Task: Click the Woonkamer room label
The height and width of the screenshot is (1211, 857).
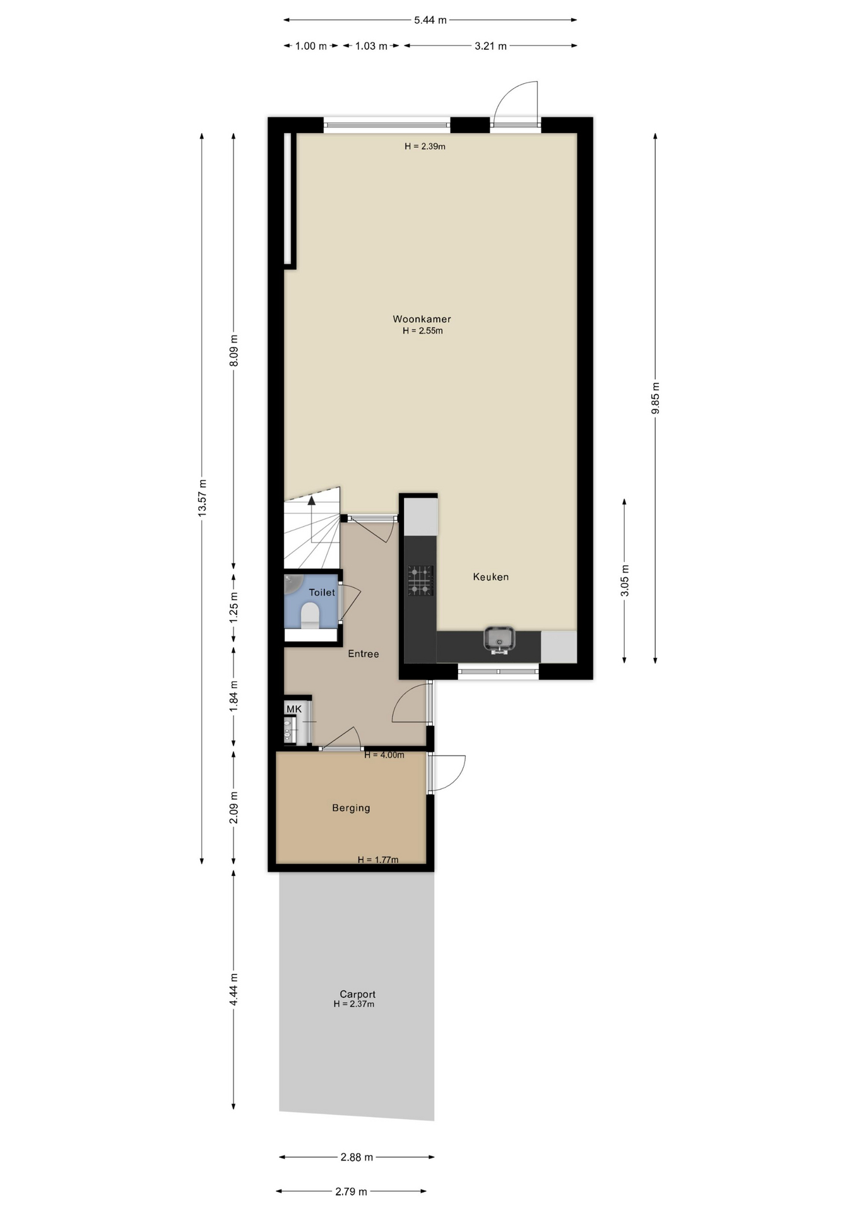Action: pos(422,319)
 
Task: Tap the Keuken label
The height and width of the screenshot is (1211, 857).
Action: pos(491,576)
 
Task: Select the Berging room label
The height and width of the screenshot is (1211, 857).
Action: pos(351,808)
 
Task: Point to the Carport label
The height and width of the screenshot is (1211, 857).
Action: pos(357,994)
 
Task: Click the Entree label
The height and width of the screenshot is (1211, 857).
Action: pos(363,654)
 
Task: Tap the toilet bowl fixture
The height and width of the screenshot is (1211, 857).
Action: pos(310,615)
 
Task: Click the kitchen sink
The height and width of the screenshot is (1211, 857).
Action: pos(499,639)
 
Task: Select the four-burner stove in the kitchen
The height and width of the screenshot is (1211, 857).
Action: pos(420,580)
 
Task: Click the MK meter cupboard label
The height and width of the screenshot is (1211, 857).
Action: pos(294,710)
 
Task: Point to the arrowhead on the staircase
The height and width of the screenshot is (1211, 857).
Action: pos(311,501)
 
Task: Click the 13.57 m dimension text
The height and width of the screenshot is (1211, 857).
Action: pos(202,498)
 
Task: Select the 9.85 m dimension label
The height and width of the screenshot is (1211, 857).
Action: pos(655,399)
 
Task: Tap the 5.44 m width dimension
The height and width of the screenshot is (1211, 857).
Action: pos(430,20)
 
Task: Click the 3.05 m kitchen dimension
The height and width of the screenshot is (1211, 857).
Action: pos(625,580)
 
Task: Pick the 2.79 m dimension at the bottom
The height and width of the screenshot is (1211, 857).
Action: pos(351,1191)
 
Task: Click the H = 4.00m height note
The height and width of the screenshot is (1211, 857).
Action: pos(384,755)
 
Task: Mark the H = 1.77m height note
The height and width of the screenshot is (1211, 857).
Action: pos(378,860)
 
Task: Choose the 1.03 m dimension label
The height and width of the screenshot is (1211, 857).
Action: pos(371,46)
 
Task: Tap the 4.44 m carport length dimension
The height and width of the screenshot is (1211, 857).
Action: pos(233,990)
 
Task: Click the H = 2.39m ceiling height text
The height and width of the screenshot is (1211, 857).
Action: pos(425,146)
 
